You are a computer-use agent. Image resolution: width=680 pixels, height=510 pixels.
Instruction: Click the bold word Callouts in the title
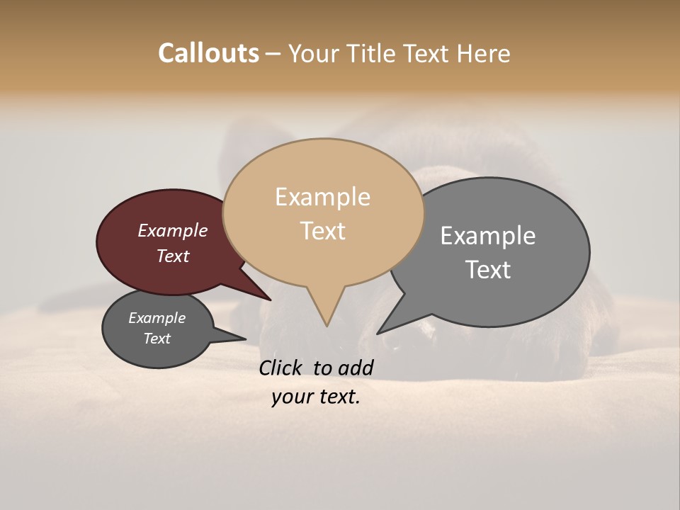tap(208, 53)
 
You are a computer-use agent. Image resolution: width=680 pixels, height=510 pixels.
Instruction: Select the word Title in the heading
tap(374, 53)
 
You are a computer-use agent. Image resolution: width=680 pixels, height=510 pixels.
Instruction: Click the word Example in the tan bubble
tap(322, 197)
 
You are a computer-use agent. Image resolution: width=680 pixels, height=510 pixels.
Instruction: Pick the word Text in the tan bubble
tap(322, 231)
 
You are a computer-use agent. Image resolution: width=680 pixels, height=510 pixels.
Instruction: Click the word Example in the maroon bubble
tap(172, 231)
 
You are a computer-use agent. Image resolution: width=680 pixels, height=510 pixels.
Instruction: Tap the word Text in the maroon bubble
tap(172, 256)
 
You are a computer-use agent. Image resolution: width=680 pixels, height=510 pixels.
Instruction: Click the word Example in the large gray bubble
tap(487, 236)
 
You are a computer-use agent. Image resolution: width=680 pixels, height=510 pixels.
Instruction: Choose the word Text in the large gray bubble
tap(487, 270)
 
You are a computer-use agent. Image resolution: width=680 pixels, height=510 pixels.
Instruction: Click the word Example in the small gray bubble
tap(157, 318)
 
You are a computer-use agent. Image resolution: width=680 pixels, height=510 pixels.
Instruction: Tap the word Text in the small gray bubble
tap(157, 339)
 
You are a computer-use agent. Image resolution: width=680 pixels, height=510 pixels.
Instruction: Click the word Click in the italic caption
tap(282, 368)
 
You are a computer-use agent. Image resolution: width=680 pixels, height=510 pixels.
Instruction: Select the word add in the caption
tap(356, 368)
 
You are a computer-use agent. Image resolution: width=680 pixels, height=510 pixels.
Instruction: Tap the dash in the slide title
tap(273, 54)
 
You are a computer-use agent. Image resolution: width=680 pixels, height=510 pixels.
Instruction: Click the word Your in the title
tap(312, 53)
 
